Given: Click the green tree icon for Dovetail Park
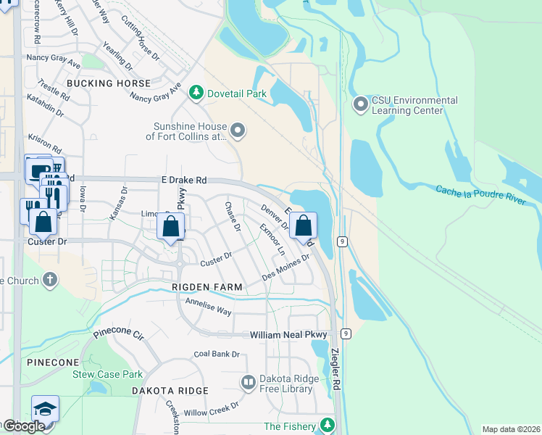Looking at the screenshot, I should coord(195,93).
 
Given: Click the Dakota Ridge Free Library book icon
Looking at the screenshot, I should coord(248,382).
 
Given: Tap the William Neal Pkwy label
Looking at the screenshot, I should coord(288,335).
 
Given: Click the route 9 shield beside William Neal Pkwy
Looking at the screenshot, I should coord(347,333).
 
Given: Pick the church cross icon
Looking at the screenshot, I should coord(49,279).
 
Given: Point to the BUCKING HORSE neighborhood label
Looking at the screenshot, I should coord(109,83).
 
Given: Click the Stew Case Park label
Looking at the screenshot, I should coord(107,375).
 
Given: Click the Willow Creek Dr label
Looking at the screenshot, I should coord(212,411).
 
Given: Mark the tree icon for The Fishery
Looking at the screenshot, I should coord(328,425).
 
